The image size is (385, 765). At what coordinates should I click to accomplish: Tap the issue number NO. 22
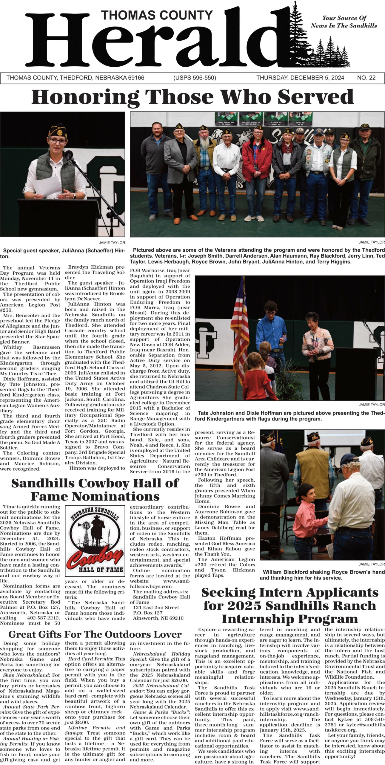[x=366, y=78]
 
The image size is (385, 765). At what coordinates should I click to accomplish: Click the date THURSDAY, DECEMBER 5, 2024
[x=300, y=78]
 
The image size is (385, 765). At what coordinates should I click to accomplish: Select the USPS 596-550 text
[x=195, y=78]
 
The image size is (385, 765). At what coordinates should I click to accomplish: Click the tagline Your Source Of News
[x=344, y=22]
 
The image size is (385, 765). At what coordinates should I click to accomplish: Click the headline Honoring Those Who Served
[x=192, y=97]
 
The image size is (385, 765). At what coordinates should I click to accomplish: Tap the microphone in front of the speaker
[x=69, y=154]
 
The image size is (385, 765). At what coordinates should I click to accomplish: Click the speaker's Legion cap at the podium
[x=58, y=131]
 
